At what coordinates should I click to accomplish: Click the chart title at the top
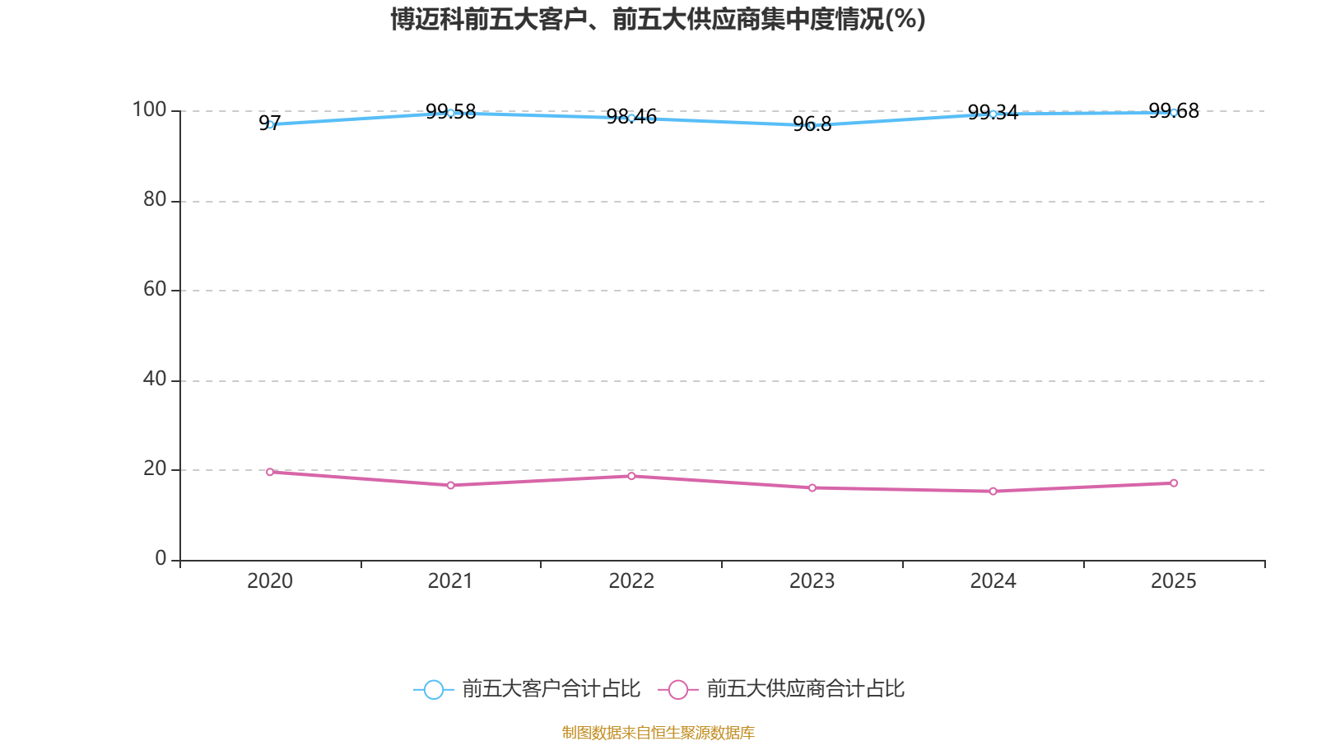pyautogui.click(x=658, y=19)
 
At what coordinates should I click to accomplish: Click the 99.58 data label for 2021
pyautogui.click(x=450, y=112)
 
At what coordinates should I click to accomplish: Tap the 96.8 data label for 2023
pyautogui.click(x=812, y=124)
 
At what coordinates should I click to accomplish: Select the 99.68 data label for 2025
pyautogui.click(x=1173, y=111)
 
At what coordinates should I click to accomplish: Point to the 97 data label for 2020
pyautogui.click(x=269, y=123)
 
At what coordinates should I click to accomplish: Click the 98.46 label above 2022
pyautogui.click(x=631, y=117)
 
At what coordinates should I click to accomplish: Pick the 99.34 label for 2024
pyautogui.click(x=993, y=113)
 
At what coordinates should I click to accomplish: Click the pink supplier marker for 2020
pyautogui.click(x=270, y=472)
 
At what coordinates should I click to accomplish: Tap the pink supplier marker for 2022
pyautogui.click(x=631, y=476)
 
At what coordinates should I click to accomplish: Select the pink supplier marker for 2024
pyautogui.click(x=993, y=492)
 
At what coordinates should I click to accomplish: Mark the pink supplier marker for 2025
pyautogui.click(x=1174, y=483)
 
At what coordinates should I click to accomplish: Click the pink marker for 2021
pyautogui.click(x=450, y=486)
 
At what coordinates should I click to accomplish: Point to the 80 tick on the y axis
pyautogui.click(x=155, y=200)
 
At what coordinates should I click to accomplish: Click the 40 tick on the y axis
pyautogui.click(x=155, y=380)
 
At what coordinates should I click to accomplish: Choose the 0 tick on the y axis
pyautogui.click(x=161, y=559)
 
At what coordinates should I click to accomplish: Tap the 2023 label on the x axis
pyautogui.click(x=812, y=581)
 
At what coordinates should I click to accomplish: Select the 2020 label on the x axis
pyautogui.click(x=270, y=581)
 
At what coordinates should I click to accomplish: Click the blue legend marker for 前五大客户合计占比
pyautogui.click(x=433, y=689)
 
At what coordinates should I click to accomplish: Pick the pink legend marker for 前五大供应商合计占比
pyautogui.click(x=678, y=689)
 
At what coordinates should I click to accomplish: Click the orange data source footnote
pyautogui.click(x=658, y=732)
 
